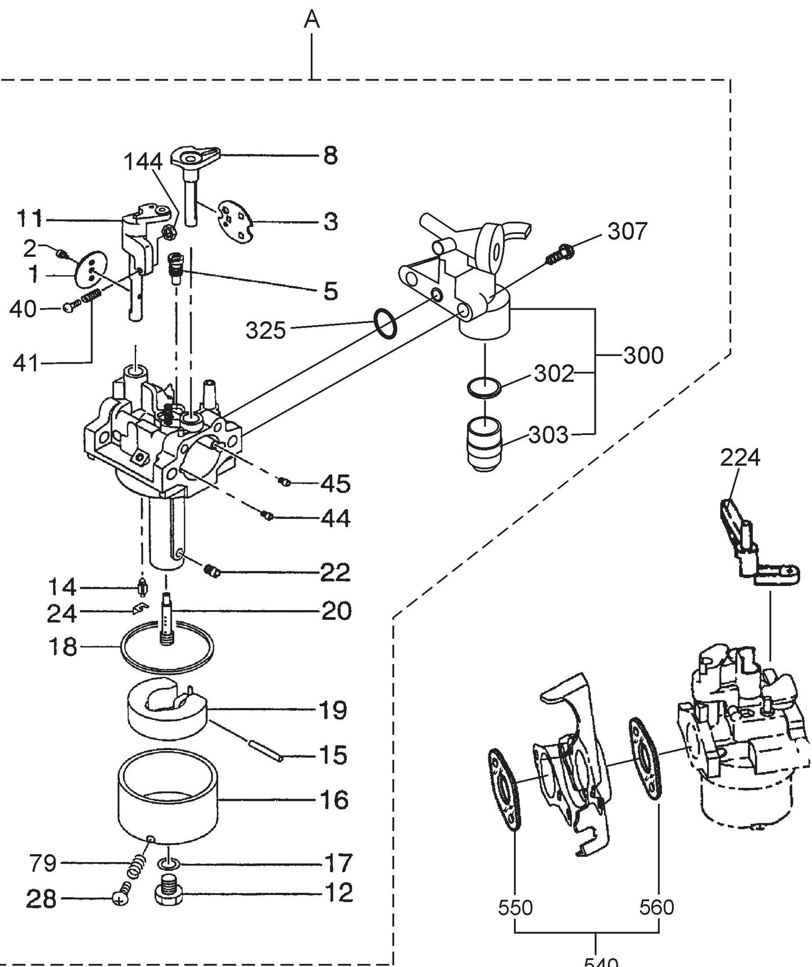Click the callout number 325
click(x=265, y=330)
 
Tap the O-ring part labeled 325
click(x=385, y=325)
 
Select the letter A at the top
click(x=312, y=20)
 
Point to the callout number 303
click(x=548, y=434)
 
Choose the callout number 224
click(x=740, y=457)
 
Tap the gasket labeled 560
click(x=645, y=760)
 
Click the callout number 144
click(x=143, y=162)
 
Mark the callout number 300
click(x=643, y=355)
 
